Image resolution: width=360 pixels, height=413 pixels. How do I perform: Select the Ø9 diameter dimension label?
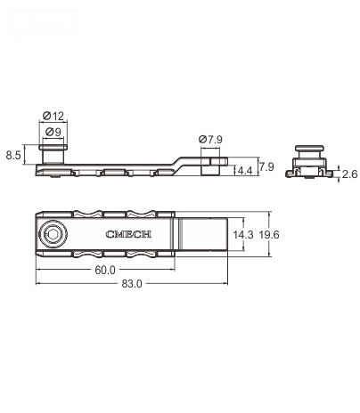53,133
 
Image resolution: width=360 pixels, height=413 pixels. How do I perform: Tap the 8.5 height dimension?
13,156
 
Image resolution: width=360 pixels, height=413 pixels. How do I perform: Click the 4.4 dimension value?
243,170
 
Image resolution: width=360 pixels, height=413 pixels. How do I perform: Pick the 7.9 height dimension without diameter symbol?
266,166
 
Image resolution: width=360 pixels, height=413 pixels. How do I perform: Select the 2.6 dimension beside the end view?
350,174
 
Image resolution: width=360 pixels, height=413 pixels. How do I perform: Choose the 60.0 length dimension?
106,270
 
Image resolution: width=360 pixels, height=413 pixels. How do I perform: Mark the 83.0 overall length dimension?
131,284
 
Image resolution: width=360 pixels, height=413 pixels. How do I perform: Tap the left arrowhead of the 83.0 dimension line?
38,284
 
